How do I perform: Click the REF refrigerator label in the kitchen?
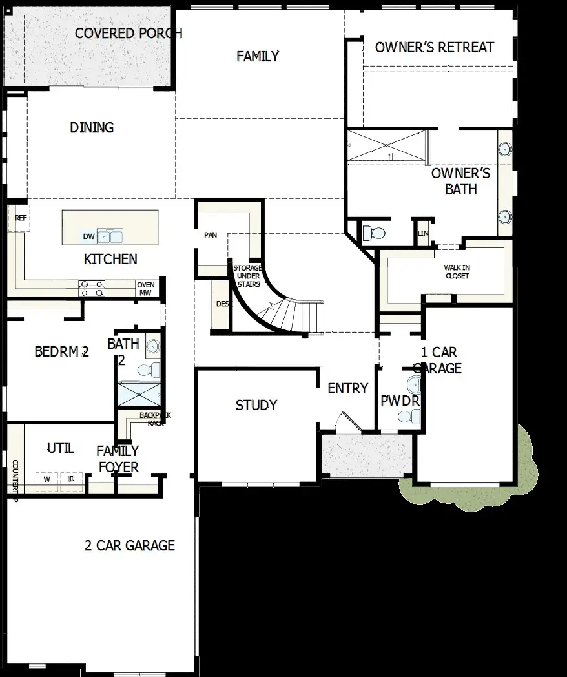[21, 218]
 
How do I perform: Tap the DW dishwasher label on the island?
[88, 236]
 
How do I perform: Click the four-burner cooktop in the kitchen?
[92, 288]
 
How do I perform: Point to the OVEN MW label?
[145, 289]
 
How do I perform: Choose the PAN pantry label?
[211, 235]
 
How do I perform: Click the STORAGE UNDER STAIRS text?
[247, 276]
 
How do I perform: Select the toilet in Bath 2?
[150, 370]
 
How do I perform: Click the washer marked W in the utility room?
[46, 479]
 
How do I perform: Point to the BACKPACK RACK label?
[155, 419]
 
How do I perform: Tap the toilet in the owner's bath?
[374, 233]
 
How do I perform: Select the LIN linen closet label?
[423, 233]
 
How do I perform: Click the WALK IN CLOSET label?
[457, 272]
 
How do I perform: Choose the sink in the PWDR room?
[413, 385]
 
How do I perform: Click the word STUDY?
[256, 405]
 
